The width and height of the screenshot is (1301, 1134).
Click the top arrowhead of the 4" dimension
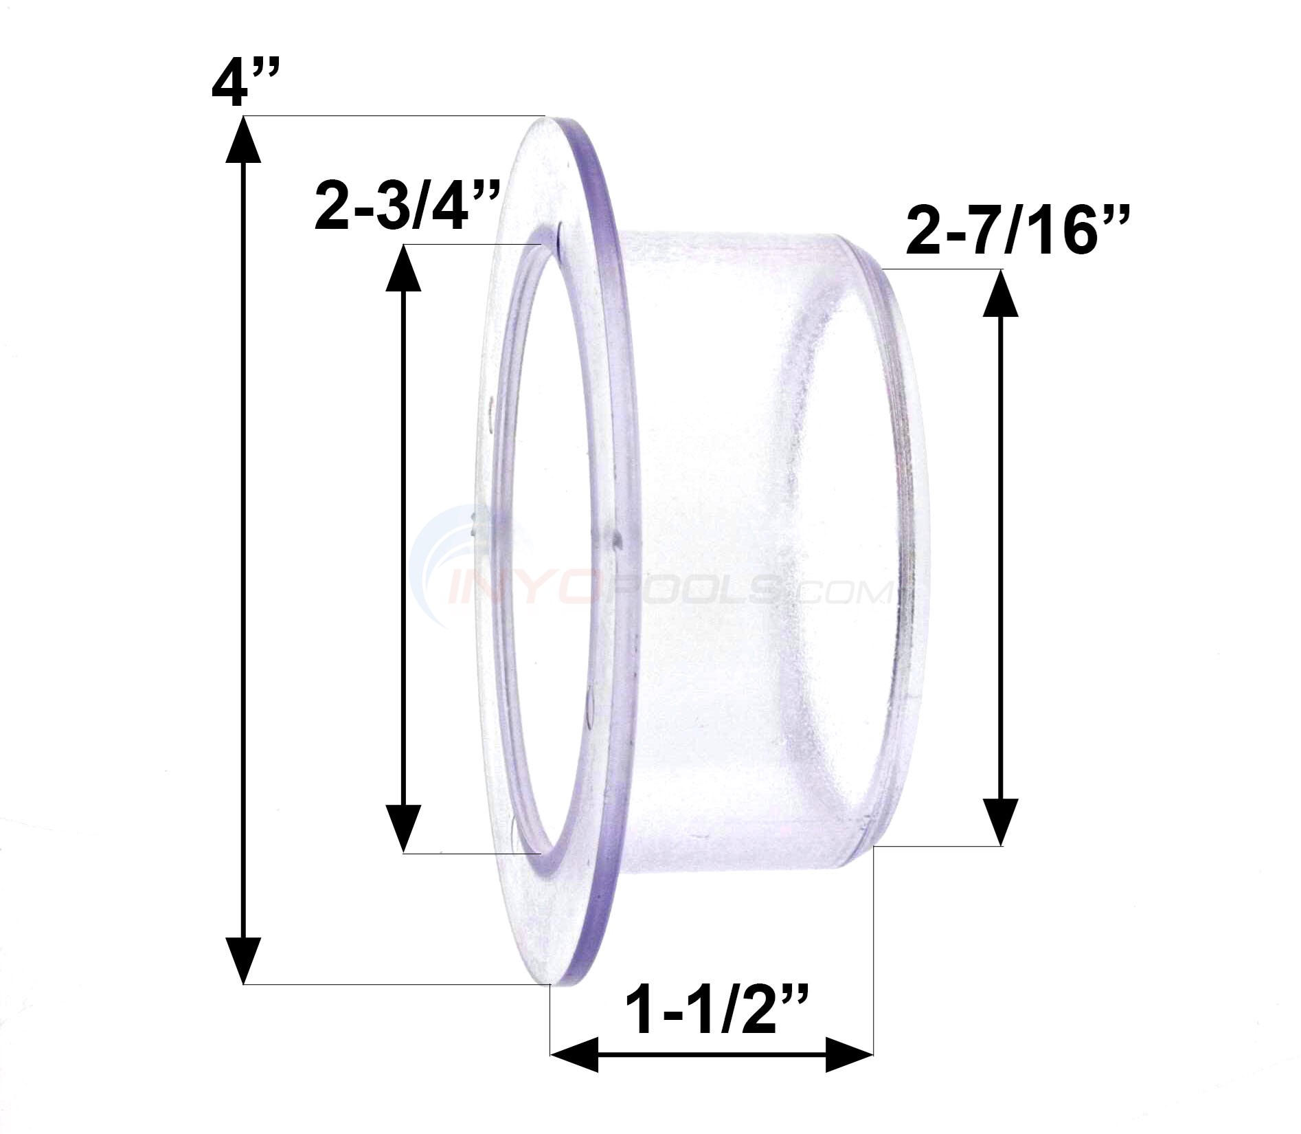pos(243,141)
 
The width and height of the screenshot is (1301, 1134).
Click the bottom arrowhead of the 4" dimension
pos(243,959)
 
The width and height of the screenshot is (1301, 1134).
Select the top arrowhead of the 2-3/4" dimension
pos(404,268)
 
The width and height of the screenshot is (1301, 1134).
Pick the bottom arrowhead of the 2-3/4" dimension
pos(404,828)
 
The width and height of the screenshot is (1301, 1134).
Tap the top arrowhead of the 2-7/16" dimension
pos(1000,292)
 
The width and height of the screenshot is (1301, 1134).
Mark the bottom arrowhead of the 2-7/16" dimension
pos(1000,821)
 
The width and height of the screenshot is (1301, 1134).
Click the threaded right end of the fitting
pos(907,550)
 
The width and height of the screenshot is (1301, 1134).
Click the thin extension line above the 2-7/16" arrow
pos(941,269)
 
